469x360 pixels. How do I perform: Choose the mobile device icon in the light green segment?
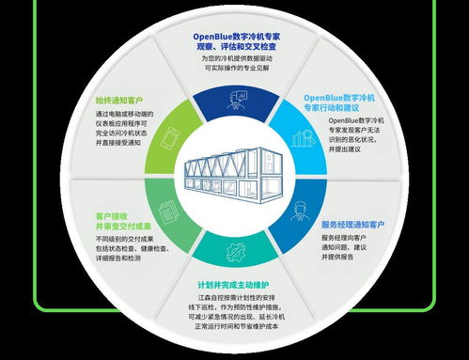click(168, 137)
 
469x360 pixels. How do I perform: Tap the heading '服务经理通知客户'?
click(352, 225)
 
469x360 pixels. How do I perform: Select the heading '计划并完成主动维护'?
click(235, 285)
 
